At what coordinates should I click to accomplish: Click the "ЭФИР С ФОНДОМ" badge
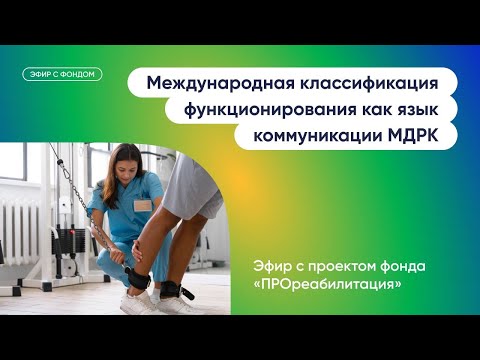tap(62, 74)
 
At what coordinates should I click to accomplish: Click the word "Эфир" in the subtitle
tap(278, 265)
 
